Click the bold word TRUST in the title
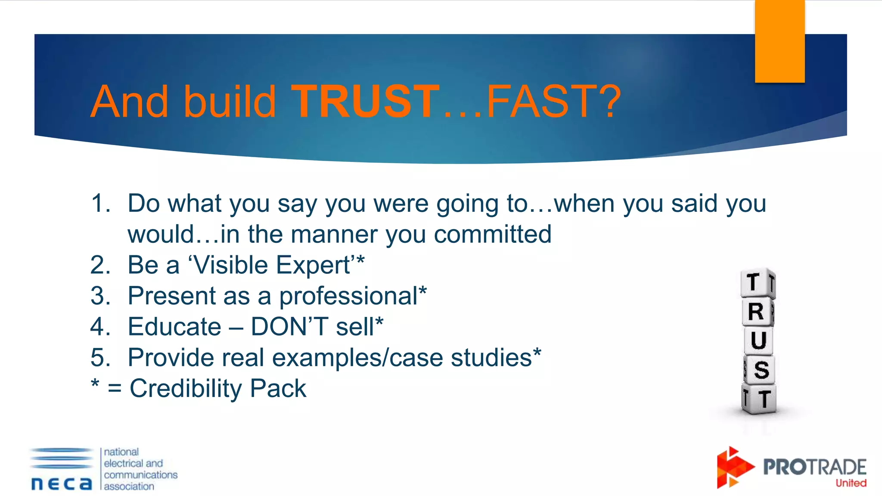click(x=365, y=102)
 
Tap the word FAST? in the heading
click(x=553, y=102)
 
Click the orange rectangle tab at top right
click(x=780, y=41)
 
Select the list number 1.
click(x=101, y=203)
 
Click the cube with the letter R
click(x=756, y=312)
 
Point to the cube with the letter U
click(x=758, y=341)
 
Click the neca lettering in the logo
click(x=62, y=484)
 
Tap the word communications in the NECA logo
click(x=140, y=475)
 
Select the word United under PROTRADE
click(x=851, y=483)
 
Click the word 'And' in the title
click(x=129, y=102)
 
